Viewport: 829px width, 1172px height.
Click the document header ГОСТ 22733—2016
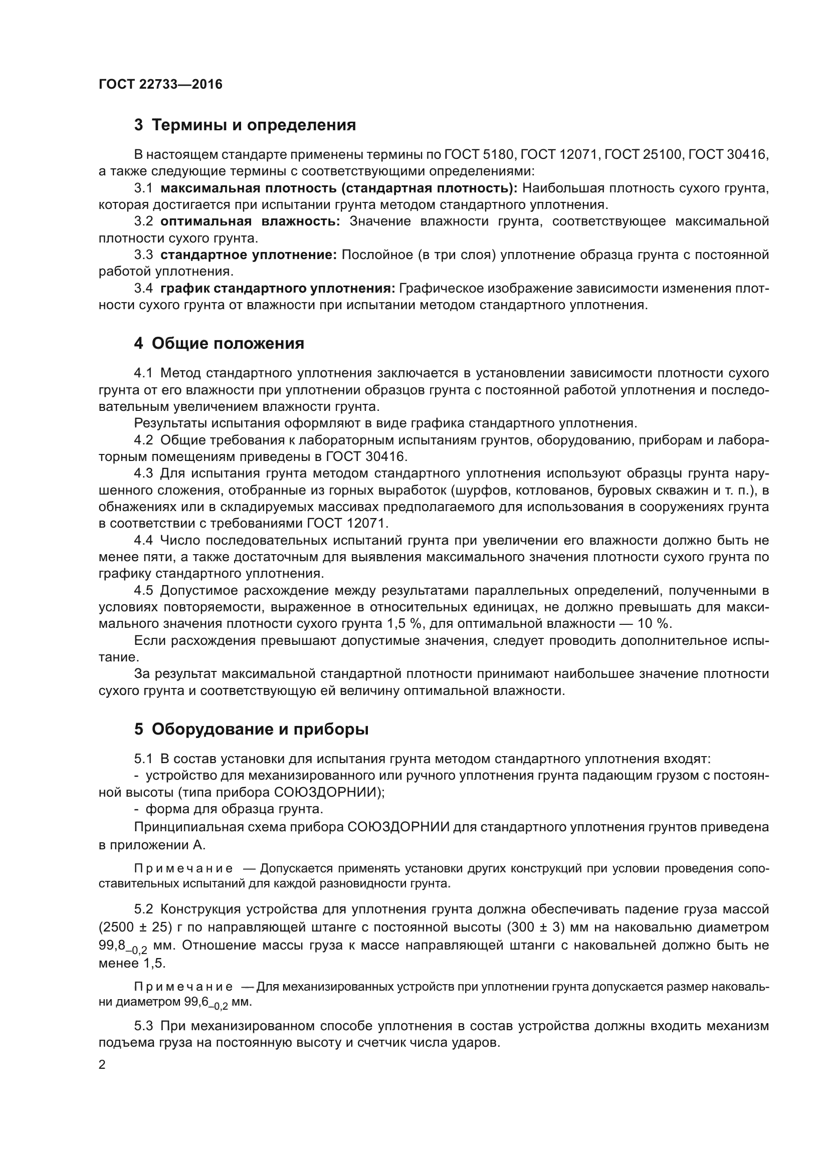160,84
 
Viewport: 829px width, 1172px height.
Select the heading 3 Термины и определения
245,125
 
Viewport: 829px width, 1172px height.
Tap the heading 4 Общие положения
219,344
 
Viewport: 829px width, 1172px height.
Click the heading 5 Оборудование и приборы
251,730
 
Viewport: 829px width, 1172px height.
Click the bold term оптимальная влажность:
250,221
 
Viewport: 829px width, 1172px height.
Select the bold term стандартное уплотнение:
248,255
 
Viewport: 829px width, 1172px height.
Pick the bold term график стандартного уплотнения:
278,289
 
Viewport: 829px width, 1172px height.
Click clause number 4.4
143,540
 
